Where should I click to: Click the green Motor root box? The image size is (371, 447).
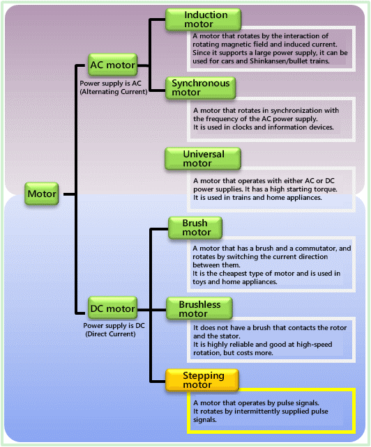pyautogui.click(x=41, y=194)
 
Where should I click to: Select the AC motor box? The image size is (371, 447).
pyautogui.click(x=112, y=65)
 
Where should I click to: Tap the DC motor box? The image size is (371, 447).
pyautogui.click(x=112, y=308)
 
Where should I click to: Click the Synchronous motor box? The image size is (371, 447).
pyautogui.click(x=202, y=87)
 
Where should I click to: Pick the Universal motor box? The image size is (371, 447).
pyautogui.click(x=202, y=158)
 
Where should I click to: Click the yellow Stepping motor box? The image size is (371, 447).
pyautogui.click(x=203, y=379)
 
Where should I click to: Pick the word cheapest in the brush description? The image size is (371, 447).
pyautogui.click(x=230, y=274)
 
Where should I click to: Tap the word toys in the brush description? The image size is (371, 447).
pyautogui.click(x=202, y=282)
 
